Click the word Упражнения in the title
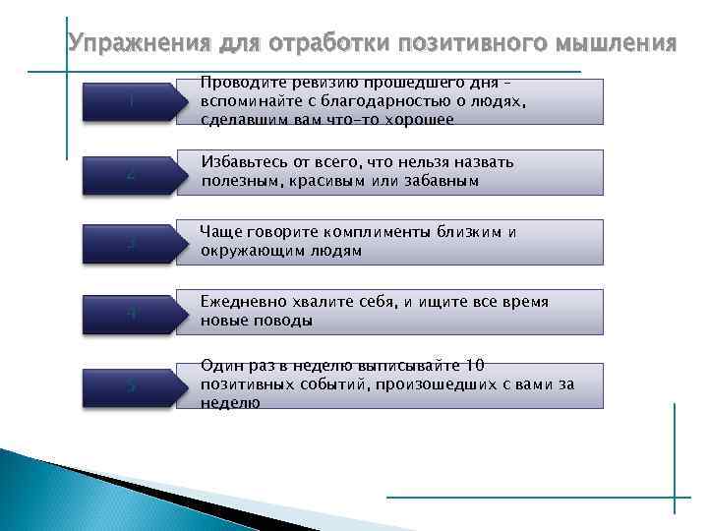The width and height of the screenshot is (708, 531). pos(129,43)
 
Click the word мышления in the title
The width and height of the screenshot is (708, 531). pos(617,43)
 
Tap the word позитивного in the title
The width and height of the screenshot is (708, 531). pos(474,43)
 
